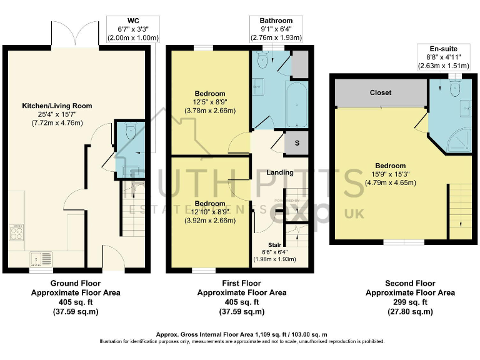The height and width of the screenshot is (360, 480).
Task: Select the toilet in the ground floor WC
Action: pos(130,132)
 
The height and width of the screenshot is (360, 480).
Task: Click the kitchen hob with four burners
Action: pos(17,233)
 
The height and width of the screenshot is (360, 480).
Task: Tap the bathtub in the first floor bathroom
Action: pos(297,102)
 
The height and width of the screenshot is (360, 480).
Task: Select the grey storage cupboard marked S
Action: pos(297,143)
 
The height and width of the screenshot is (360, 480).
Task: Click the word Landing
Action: pos(279,172)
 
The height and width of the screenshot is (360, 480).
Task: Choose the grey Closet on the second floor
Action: pos(380,92)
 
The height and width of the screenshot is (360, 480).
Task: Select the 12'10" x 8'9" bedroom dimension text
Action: pos(209,212)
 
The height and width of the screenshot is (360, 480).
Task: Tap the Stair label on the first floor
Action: pos(274,245)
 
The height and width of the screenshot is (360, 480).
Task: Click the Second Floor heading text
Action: pos(410,283)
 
